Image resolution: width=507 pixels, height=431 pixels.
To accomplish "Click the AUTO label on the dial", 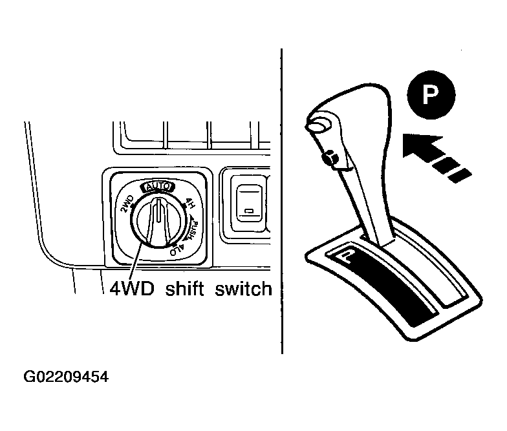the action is point(158,187).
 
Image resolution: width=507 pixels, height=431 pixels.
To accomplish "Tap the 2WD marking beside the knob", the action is point(127,204).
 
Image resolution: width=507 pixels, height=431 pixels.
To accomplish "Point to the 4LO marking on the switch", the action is point(177,250).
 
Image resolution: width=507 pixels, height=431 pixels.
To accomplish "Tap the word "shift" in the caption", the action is point(184,288).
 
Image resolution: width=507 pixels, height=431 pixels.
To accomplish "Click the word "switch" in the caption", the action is point(243,288).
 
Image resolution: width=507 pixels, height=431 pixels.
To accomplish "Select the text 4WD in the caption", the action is point(132,289).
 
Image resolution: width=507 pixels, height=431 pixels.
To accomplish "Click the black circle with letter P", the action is point(431,95).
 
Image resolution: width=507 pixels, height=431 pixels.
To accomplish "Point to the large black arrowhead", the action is point(422,145).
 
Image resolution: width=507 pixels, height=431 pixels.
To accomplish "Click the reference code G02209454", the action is point(66,377).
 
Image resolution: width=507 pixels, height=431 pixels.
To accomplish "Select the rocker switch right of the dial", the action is point(250,204).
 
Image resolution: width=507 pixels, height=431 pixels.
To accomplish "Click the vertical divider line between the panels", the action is point(282,201).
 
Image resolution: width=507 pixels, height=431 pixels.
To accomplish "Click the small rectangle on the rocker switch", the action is point(250,211).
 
